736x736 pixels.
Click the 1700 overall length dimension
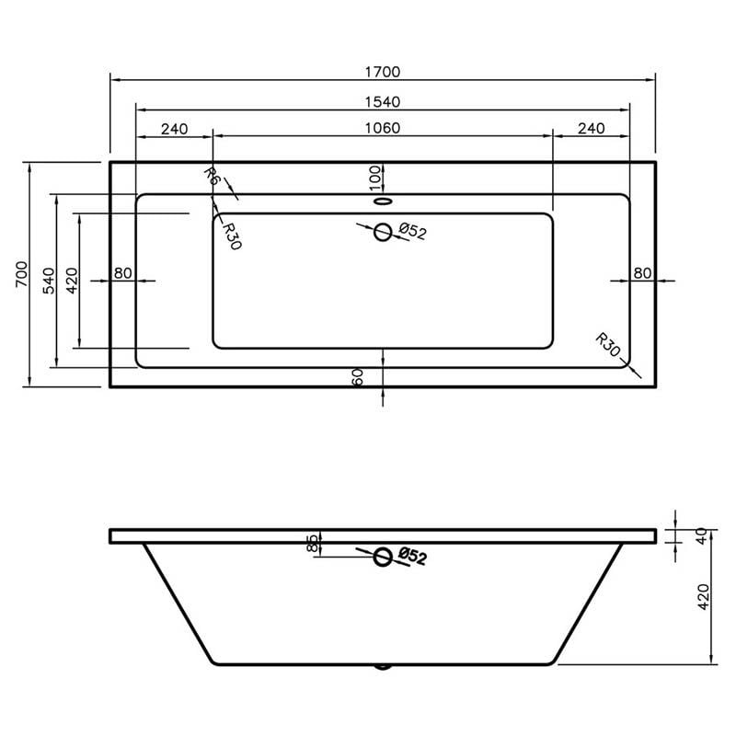pos(383,72)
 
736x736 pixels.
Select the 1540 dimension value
pos(383,102)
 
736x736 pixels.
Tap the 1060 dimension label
pos(383,128)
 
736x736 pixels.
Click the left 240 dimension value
pos(174,129)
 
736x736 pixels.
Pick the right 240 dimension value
pos(591,128)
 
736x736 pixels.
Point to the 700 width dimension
pos(22,274)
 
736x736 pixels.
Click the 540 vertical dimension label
pos(49,281)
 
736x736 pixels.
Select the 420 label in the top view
pos(72,281)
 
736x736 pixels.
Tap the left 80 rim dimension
pos(123,272)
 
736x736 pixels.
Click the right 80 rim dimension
pos(642,272)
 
